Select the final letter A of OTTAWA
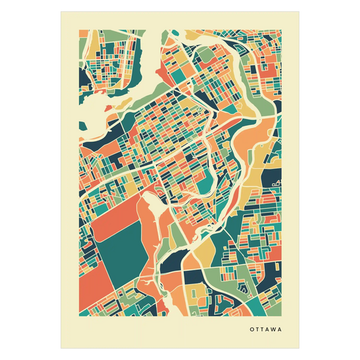tap(278, 331)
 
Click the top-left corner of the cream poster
tap(60, 11)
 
